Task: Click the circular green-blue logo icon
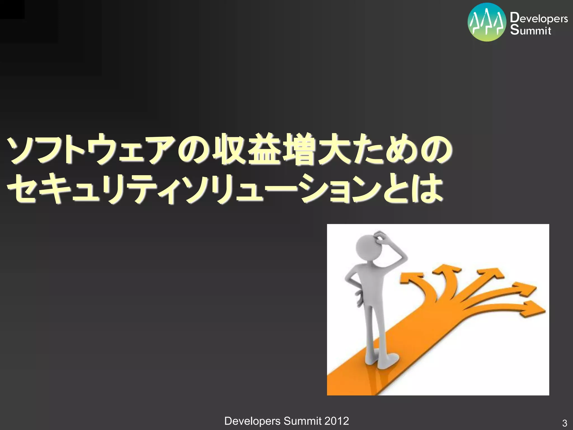point(487,22)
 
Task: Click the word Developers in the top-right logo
point(539,18)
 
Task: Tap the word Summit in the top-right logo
point(531,30)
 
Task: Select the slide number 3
point(564,423)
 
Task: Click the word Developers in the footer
point(252,421)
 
